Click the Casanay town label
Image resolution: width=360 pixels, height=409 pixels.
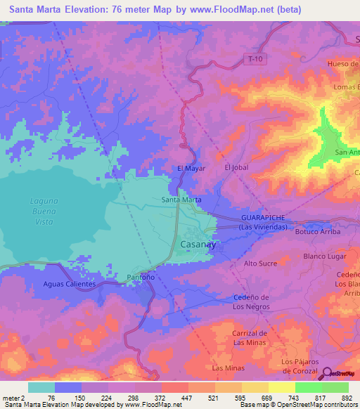click(x=200, y=245)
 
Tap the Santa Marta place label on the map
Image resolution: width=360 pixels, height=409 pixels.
click(x=181, y=200)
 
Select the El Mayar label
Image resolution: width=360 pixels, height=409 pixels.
click(x=190, y=169)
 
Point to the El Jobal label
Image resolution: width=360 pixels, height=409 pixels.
click(x=236, y=168)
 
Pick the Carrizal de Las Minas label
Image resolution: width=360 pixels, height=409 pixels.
click(x=250, y=337)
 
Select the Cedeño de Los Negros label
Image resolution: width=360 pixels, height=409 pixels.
click(x=251, y=302)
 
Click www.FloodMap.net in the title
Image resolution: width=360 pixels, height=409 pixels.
click(x=231, y=10)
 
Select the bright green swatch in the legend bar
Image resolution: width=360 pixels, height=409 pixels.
click(x=308, y=387)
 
